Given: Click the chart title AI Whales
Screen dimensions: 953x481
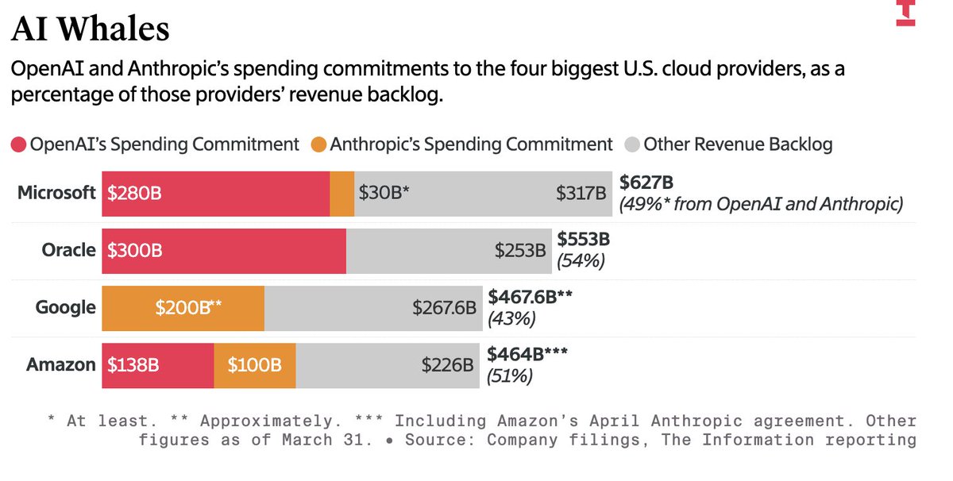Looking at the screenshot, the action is coord(91,29).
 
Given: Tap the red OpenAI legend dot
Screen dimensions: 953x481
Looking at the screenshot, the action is coord(19,144).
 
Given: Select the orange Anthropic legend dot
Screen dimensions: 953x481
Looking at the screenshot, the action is coord(318,144).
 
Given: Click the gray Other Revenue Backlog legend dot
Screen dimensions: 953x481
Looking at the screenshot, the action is coord(632,144).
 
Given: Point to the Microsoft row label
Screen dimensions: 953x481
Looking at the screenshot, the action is coord(56,193).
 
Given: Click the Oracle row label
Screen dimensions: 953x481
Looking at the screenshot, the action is coord(68,250).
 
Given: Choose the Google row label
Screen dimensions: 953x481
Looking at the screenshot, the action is coord(65,307).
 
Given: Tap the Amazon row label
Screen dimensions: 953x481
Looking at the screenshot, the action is coord(61,365).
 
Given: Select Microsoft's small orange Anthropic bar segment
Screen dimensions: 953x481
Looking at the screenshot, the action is coord(342,194).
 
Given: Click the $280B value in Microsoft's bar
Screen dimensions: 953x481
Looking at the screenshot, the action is coord(134,193).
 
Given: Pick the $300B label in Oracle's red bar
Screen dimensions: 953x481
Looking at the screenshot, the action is coord(135,251).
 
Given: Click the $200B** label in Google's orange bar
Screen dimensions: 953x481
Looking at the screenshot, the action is coord(188,307).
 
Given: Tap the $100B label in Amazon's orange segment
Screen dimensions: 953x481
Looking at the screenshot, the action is coord(254,365).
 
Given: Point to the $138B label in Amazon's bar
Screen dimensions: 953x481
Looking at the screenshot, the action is coord(133,365).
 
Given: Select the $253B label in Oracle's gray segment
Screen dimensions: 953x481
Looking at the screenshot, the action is coord(520,251).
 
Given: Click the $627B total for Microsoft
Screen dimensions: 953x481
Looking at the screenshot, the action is coord(646,183).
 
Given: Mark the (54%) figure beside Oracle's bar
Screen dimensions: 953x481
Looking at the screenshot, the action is coord(581,260).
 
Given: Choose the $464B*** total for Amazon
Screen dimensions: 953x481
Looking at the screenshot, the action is coord(527,354).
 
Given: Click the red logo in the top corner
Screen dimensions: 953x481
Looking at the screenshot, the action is coord(905,13).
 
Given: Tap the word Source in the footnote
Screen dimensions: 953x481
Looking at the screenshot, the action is coord(439,440).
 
